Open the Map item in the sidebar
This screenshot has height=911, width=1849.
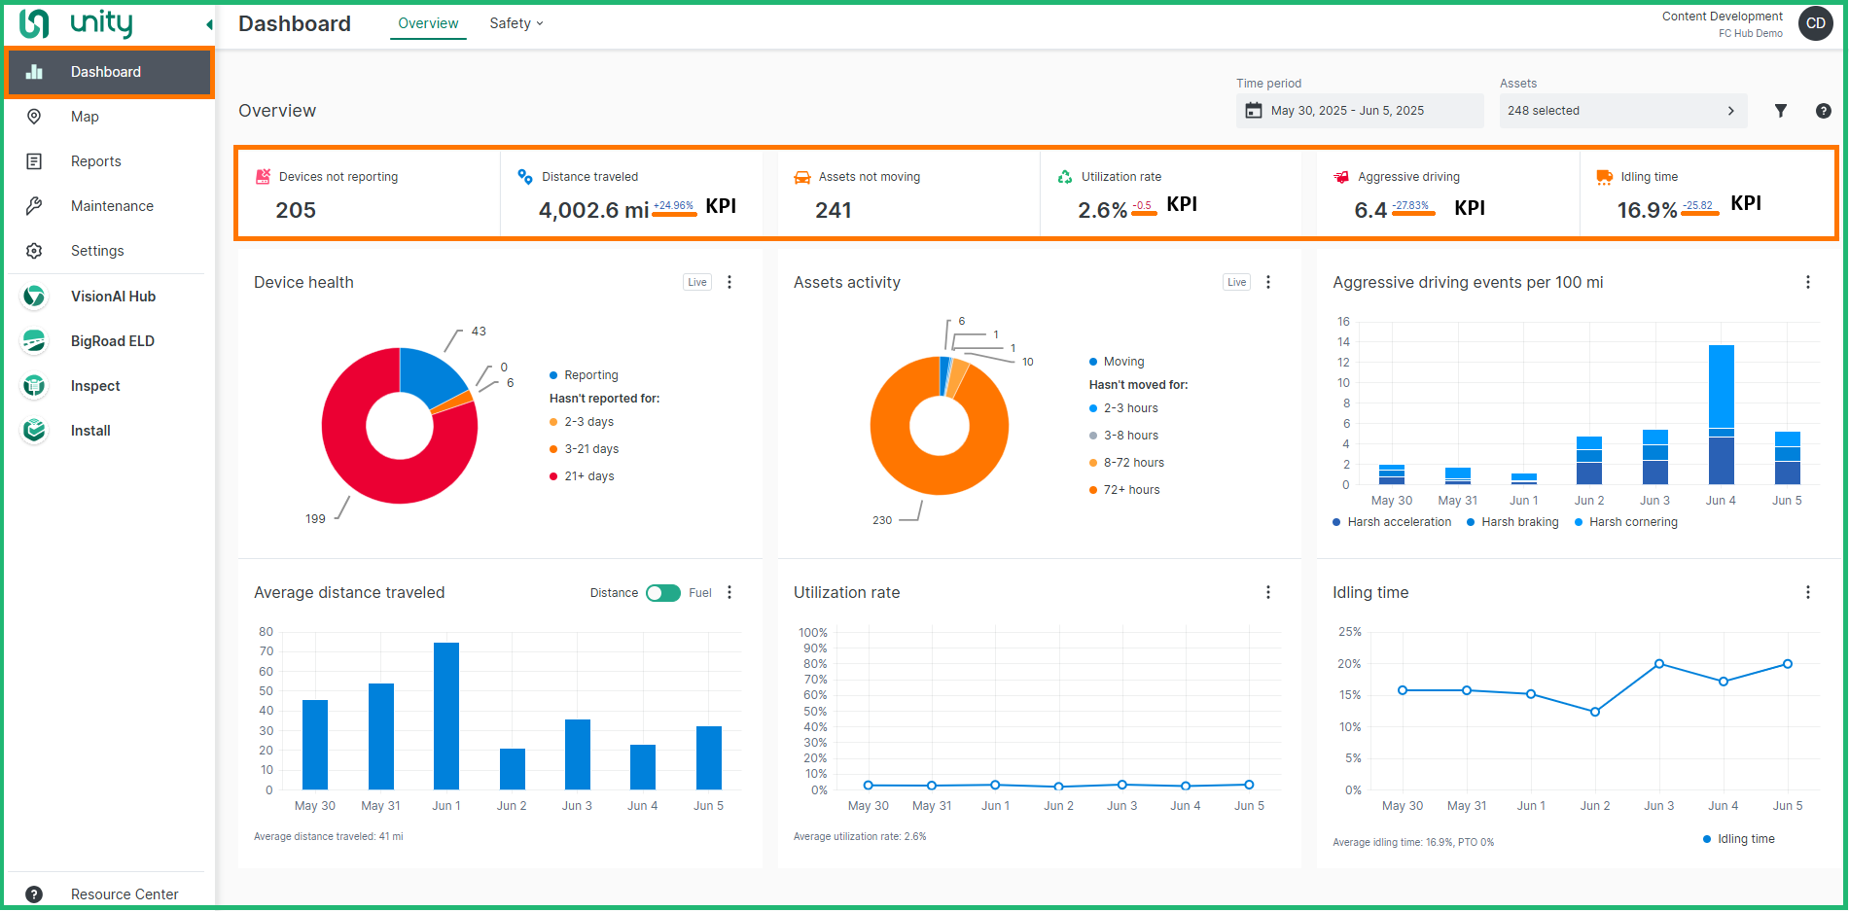tap(85, 117)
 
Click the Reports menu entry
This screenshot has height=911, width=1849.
tap(95, 161)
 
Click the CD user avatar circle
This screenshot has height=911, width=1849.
tap(1815, 23)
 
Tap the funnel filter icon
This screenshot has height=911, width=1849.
tap(1780, 111)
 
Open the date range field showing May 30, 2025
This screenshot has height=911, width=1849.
tap(1359, 111)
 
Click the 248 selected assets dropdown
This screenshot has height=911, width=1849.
tap(1621, 111)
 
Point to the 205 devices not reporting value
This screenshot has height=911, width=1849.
tap(296, 210)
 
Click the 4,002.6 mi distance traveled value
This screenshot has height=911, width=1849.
tap(593, 210)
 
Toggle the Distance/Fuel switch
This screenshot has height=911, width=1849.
tap(663, 593)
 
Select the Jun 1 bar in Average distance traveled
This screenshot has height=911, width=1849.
tap(446, 716)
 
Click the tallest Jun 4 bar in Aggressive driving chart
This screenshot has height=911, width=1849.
tap(1721, 414)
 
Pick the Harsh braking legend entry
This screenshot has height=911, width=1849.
tap(1518, 522)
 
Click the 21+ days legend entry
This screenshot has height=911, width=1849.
tap(588, 476)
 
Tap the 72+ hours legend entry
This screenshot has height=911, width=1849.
tap(1130, 490)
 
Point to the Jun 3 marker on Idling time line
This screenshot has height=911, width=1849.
tap(1658, 664)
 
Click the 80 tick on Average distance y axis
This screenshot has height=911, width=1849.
tap(266, 632)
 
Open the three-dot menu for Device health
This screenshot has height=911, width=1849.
tap(729, 282)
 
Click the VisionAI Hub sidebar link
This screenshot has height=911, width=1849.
tap(113, 297)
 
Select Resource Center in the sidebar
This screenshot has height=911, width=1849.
tap(124, 894)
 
